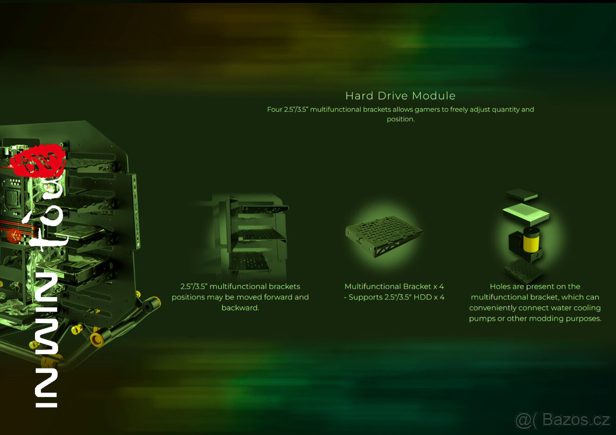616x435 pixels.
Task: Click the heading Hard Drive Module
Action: pos(400,95)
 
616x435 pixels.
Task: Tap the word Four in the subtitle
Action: pos(275,109)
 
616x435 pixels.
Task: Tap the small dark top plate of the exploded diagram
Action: pos(522,195)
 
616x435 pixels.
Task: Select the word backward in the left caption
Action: pos(240,308)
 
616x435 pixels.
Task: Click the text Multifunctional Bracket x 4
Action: pos(394,286)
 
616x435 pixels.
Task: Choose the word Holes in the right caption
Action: pos(499,286)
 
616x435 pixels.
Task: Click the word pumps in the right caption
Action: pos(480,319)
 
